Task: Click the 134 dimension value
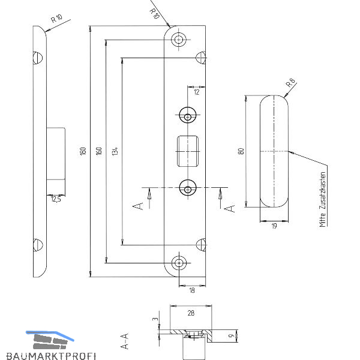[115, 151]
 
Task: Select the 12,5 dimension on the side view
[56, 199]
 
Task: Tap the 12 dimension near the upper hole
[197, 92]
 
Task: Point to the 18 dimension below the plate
[192, 290]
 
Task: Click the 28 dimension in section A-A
[191, 313]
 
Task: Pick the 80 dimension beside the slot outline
[241, 151]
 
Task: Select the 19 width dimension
[274, 226]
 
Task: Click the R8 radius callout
[291, 83]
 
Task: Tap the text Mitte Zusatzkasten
[323, 200]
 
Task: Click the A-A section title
[125, 341]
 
